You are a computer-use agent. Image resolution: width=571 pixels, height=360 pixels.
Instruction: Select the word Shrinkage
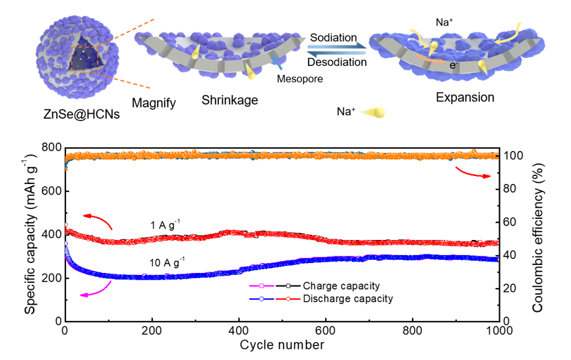[229, 100]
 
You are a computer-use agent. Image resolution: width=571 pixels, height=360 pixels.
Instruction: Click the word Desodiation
[336, 62]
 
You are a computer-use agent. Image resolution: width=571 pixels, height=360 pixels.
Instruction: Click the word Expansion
[465, 98]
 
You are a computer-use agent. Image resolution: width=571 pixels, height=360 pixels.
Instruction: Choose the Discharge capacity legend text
[347, 299]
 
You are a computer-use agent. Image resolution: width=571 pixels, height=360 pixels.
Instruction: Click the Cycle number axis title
[282, 345]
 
